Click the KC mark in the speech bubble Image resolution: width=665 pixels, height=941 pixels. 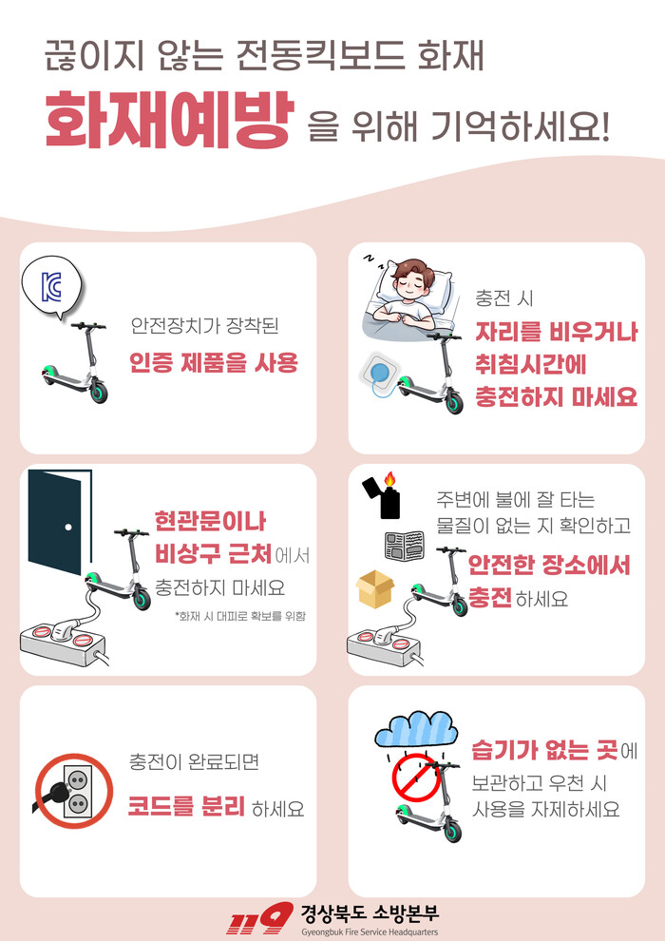[x=51, y=286]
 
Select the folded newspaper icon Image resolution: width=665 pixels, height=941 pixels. [x=404, y=545]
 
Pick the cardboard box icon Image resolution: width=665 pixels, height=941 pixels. [x=374, y=588]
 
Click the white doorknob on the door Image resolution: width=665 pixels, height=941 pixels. [x=68, y=527]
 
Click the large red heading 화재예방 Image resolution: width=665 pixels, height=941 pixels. [x=170, y=120]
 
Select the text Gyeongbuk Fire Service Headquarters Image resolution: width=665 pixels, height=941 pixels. [x=370, y=932]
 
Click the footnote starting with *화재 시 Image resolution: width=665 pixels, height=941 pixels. [x=239, y=616]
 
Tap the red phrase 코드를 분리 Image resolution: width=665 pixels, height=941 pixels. [x=186, y=807]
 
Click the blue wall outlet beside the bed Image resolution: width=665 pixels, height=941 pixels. [x=379, y=372]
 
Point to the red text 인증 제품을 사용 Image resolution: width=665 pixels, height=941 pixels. [x=214, y=363]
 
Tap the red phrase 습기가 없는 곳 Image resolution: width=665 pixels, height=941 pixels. [x=545, y=750]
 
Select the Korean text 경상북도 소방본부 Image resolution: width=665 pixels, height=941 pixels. [x=370, y=914]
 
